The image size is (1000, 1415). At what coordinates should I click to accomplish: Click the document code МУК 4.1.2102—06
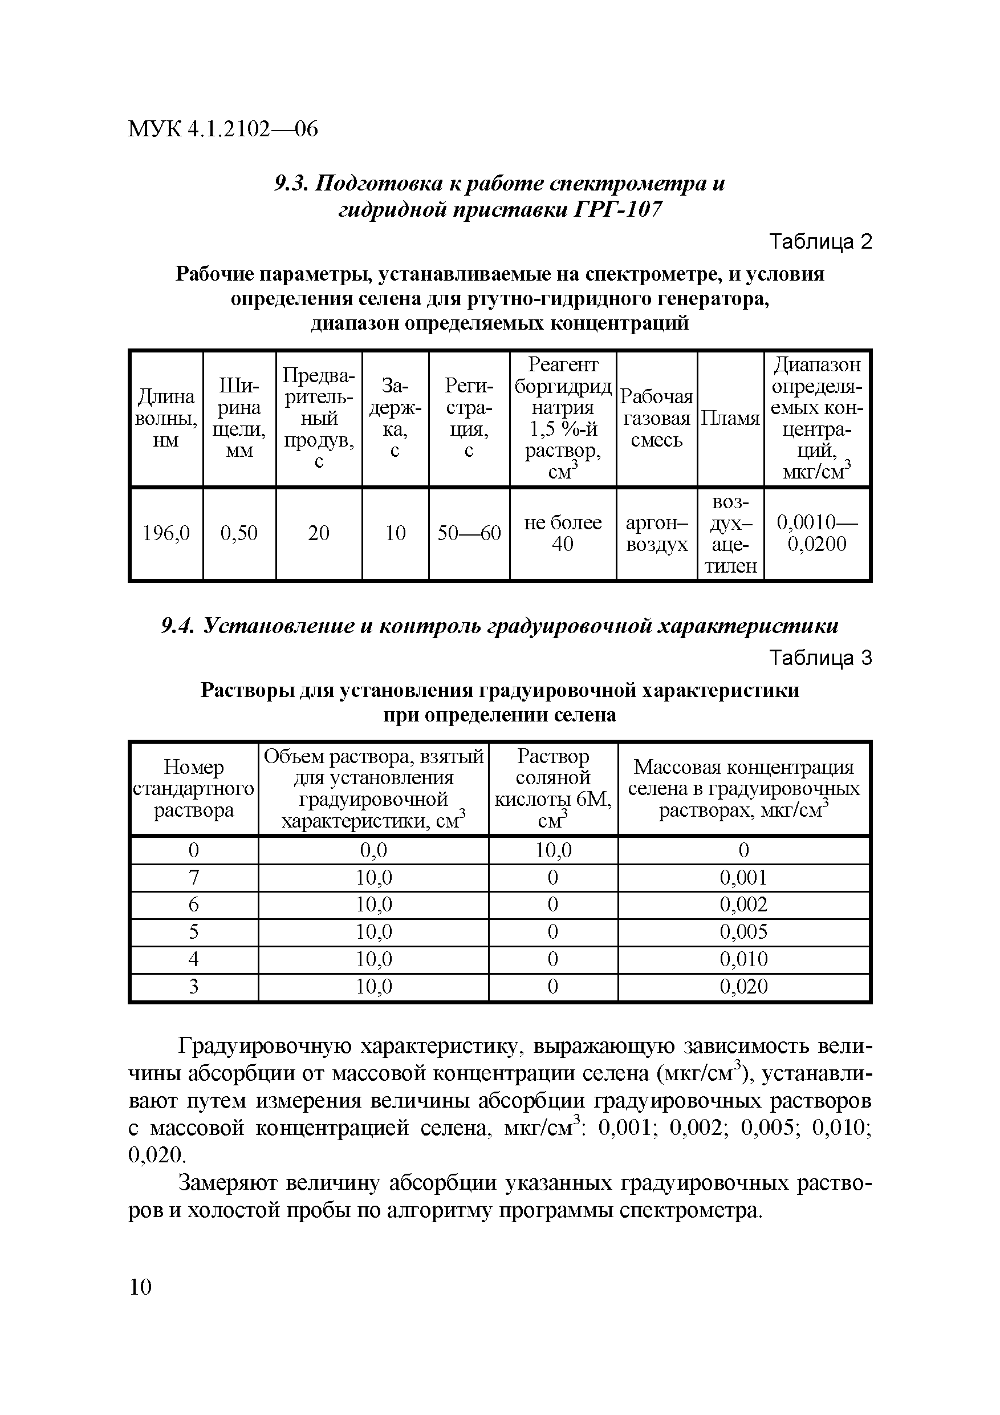tap(222, 129)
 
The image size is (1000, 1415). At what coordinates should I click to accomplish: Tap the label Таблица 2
tap(821, 242)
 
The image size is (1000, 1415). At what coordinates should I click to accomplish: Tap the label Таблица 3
tap(821, 658)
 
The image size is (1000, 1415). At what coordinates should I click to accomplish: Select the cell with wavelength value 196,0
tap(166, 533)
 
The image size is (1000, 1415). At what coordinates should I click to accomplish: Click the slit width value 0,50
tap(239, 533)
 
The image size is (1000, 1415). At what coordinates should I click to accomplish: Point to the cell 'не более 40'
tap(563, 533)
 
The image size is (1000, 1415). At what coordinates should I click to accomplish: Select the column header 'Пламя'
tap(730, 419)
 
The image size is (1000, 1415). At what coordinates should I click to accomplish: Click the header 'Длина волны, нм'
tap(166, 419)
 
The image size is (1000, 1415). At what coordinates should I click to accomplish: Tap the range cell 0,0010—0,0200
tap(817, 533)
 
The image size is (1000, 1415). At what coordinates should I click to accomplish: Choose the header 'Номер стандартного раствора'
tap(193, 788)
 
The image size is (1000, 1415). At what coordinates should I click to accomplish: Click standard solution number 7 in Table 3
tap(193, 878)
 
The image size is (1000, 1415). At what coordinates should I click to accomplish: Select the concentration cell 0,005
tap(743, 931)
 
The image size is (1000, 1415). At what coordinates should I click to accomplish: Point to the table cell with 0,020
tap(743, 987)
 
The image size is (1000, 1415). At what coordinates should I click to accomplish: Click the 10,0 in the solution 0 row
tap(552, 850)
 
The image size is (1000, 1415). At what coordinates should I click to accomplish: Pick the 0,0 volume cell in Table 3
tap(373, 850)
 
